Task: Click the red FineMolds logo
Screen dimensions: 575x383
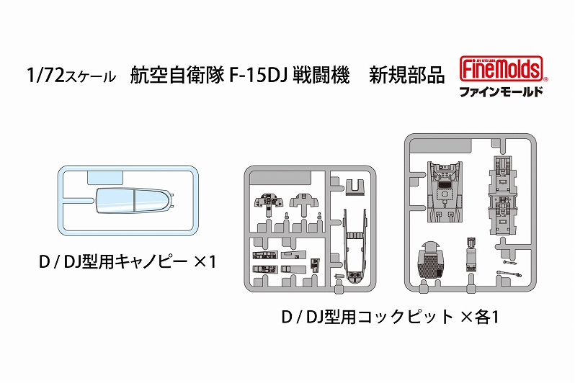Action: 502,68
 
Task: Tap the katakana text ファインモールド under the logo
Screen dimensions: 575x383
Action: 502,91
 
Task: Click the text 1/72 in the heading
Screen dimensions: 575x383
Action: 46,75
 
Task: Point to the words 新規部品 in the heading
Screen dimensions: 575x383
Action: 406,75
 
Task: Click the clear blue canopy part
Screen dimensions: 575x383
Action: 134,201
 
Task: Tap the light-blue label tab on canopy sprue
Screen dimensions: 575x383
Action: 104,178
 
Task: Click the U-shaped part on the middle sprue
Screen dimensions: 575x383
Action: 355,186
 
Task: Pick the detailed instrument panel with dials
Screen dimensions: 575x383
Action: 269,203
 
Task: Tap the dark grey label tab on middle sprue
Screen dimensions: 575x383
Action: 280,179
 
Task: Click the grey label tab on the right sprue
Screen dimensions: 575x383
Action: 441,146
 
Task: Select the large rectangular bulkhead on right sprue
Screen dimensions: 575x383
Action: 445,191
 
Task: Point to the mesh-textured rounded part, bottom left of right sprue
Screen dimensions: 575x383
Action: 431,260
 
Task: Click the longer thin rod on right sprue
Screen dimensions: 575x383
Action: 509,273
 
